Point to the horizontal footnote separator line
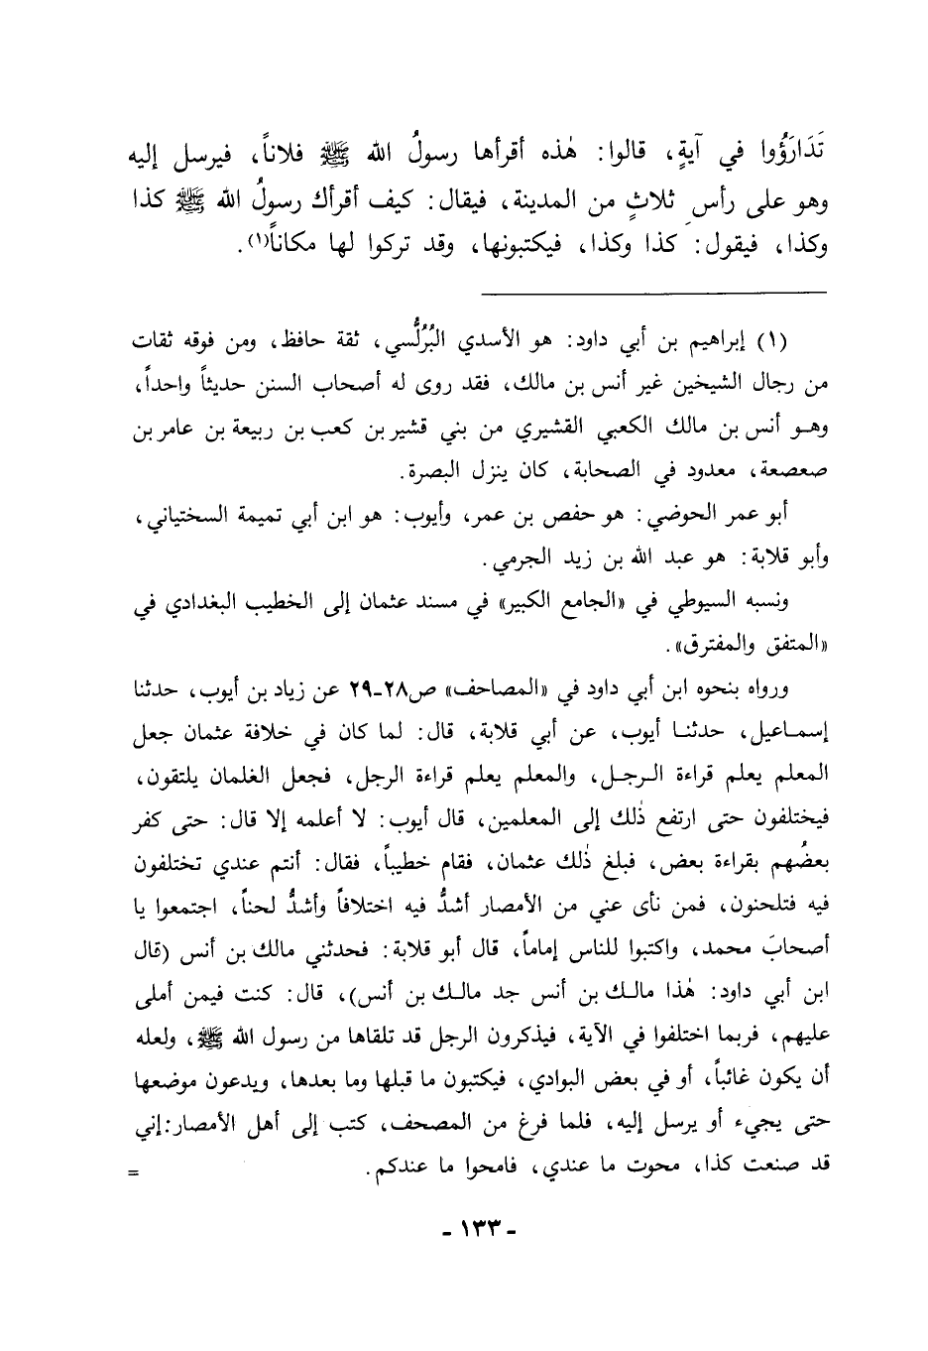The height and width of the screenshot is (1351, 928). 653,291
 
